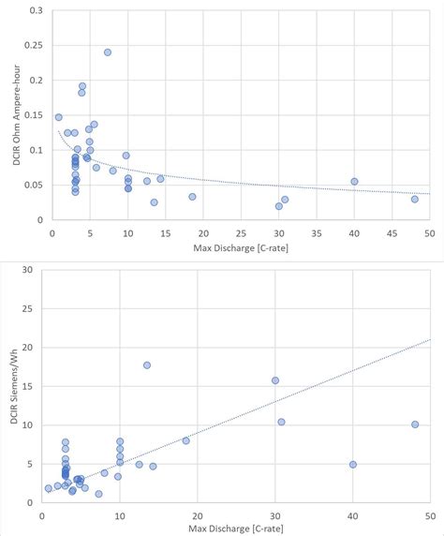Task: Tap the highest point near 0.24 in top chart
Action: (x=108, y=52)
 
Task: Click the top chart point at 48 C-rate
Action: (x=414, y=199)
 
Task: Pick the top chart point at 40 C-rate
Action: (x=354, y=182)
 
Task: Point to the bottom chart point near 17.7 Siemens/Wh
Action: (x=147, y=365)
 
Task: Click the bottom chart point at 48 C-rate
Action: (x=415, y=424)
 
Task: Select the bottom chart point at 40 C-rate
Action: (x=353, y=464)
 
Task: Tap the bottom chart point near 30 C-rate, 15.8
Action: (x=275, y=380)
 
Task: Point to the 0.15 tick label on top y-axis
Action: (x=35, y=115)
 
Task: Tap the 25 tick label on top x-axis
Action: (x=241, y=232)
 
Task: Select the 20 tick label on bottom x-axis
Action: (x=197, y=516)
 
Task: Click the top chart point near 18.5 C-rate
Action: (x=192, y=197)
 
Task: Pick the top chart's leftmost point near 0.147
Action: (x=58, y=117)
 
